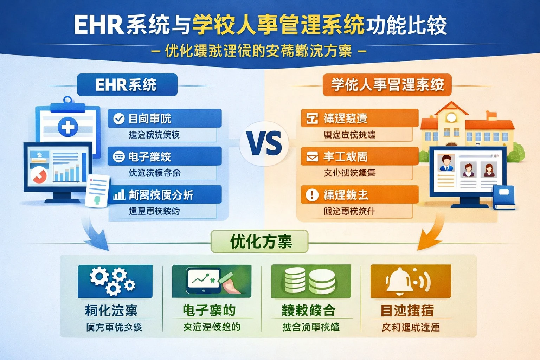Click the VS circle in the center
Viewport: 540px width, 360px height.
(264, 143)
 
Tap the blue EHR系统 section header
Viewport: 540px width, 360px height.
(127, 85)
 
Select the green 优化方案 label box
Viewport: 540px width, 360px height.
(259, 242)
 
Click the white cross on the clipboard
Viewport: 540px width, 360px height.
(67, 127)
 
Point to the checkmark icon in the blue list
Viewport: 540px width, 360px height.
(119, 118)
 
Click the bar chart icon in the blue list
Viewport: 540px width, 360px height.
(119, 195)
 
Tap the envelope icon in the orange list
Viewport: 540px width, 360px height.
(312, 157)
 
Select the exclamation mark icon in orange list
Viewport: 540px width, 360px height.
(312, 195)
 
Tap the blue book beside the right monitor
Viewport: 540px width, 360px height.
(504, 197)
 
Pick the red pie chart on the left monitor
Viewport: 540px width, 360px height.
(39, 175)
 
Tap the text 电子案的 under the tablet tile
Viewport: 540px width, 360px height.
(209, 310)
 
